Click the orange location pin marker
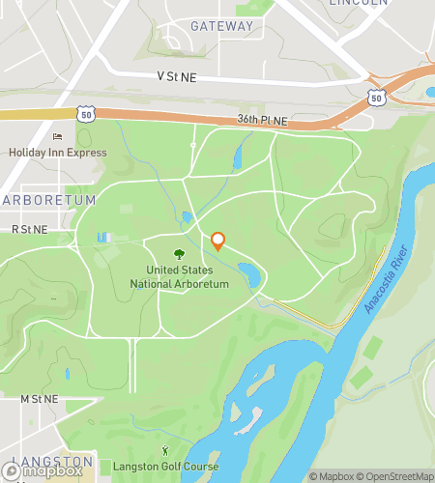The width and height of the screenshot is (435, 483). (217, 241)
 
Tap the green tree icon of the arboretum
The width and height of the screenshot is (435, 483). (180, 254)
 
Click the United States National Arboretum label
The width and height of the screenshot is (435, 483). (180, 277)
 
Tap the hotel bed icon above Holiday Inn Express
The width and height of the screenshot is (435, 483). (56, 136)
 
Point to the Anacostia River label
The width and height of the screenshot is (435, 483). (387, 279)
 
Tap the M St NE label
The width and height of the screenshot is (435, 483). (40, 398)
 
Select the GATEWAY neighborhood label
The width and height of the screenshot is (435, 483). (222, 26)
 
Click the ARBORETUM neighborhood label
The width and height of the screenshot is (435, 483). (49, 200)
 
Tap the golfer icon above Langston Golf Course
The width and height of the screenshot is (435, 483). (164, 450)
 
